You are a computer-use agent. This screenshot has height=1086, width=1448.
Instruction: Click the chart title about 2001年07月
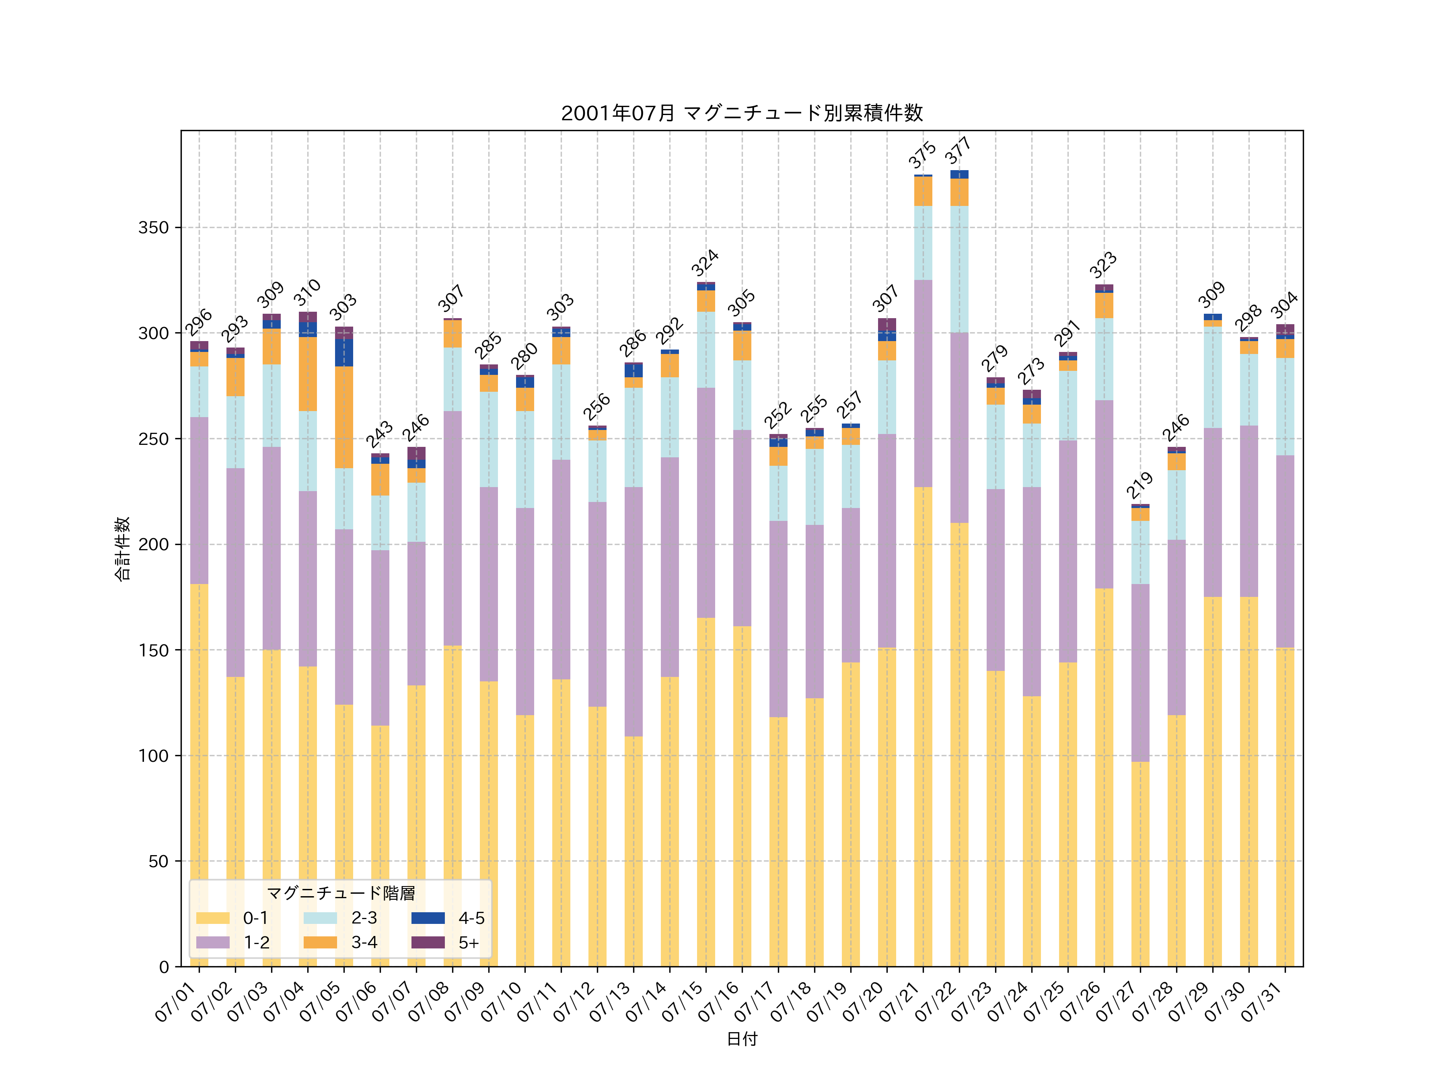(742, 113)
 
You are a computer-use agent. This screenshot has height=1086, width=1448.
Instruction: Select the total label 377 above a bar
(958, 151)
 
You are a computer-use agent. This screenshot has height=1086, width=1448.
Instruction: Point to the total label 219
(1139, 485)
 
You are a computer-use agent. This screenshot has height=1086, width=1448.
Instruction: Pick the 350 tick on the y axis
(153, 228)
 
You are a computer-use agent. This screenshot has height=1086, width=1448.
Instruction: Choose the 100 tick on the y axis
(153, 756)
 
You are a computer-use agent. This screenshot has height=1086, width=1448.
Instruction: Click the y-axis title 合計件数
(122, 549)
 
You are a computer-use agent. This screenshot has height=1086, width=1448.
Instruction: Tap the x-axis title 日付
(742, 1039)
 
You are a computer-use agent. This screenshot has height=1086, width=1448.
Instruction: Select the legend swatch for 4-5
(428, 918)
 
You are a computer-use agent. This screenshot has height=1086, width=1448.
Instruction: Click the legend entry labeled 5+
(469, 943)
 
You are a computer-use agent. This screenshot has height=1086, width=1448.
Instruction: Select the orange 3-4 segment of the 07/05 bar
(344, 417)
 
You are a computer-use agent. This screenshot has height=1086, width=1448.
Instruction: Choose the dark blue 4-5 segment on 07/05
(344, 352)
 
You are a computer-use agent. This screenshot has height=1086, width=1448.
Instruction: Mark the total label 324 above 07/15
(705, 263)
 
